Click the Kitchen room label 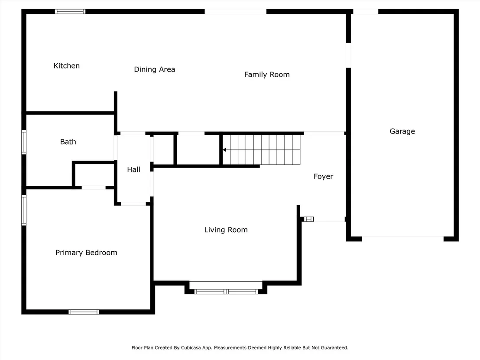(x=66, y=66)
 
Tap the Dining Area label (x=155, y=69)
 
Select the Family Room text (x=267, y=75)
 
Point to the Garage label (x=402, y=131)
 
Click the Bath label (x=68, y=142)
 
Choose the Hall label (x=133, y=169)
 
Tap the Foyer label (x=323, y=177)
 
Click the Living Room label (x=226, y=230)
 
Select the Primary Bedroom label (x=86, y=253)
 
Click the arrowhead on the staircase (x=224, y=150)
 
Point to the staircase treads (x=261, y=150)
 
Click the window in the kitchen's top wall (x=70, y=12)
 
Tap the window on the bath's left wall (x=24, y=142)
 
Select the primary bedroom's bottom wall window (x=84, y=312)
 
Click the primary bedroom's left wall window (x=24, y=210)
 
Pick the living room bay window (x=226, y=292)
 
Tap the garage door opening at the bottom (x=403, y=238)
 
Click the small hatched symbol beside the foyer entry (x=309, y=219)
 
